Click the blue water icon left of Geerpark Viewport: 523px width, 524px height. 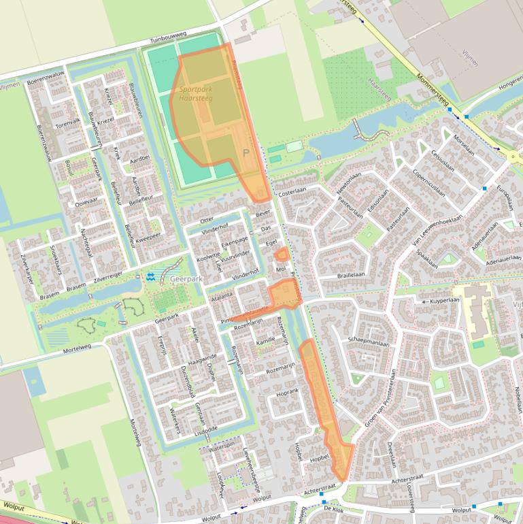point(151,277)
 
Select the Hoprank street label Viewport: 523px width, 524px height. point(288,392)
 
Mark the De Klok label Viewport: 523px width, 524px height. point(333,508)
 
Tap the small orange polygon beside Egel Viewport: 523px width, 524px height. point(281,255)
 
